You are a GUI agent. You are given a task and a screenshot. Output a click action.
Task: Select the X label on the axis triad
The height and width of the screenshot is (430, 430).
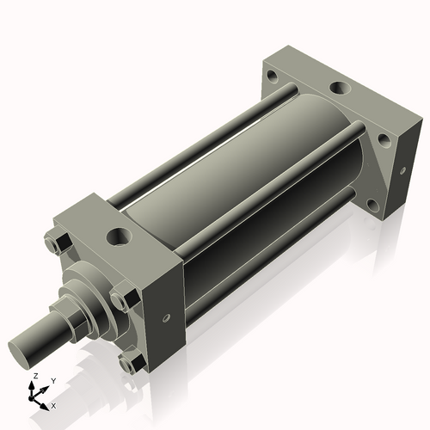pyautogui.click(x=54, y=404)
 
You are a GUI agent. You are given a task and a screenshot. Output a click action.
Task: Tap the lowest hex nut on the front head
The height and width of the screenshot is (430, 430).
pyautogui.click(x=127, y=365)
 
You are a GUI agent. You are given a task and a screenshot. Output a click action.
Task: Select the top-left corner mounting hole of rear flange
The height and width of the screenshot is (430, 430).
pyautogui.click(x=273, y=76)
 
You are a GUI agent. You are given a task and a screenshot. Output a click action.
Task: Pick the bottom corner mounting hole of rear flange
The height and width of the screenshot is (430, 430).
pyautogui.click(x=372, y=206)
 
